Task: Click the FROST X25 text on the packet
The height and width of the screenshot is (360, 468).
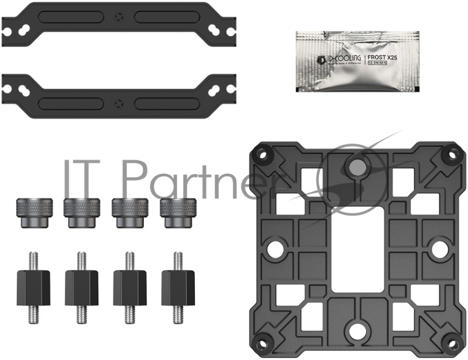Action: point(384,58)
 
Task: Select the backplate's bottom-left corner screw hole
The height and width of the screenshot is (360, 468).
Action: point(260,344)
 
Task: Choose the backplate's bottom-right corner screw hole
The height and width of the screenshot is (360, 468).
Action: point(452,344)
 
